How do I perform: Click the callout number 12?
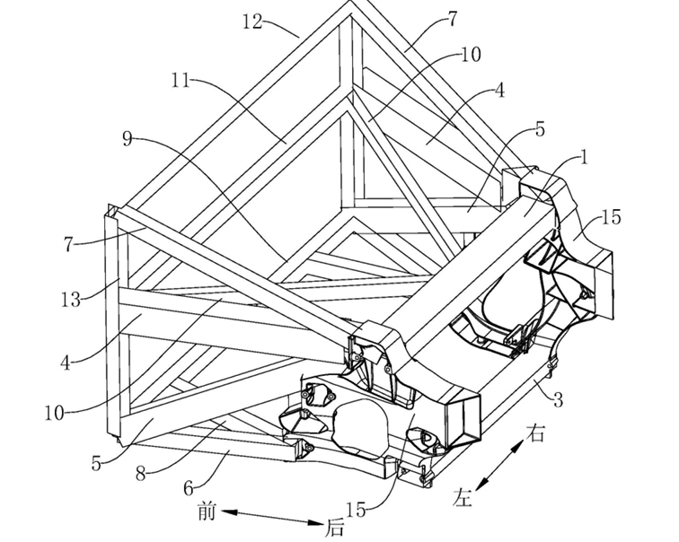252,22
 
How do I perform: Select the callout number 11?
181,80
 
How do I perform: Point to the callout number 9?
128,139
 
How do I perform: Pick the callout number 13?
71,300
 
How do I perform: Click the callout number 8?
140,474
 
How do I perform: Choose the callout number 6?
189,489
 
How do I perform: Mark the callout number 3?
558,400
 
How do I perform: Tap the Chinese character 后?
336,529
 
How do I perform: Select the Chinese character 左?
462,497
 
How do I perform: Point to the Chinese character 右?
535,433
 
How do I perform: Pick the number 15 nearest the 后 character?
356,511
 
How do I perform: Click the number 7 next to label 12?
452,20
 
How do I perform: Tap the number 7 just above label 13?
68,244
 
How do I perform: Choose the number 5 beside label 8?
96,464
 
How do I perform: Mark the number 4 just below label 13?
65,363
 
